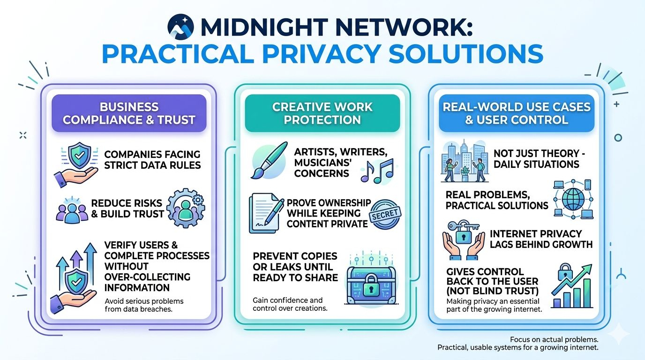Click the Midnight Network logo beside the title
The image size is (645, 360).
point(180,27)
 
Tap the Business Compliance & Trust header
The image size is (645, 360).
point(129,113)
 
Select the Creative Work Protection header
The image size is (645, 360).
point(322,113)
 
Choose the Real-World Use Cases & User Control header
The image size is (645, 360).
point(516,113)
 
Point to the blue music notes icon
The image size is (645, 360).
point(377,169)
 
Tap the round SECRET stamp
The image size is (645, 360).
point(386,215)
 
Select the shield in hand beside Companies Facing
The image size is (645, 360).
point(76,164)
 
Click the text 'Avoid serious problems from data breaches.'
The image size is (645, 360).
point(144,305)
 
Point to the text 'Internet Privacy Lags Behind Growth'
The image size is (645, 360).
point(541,239)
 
